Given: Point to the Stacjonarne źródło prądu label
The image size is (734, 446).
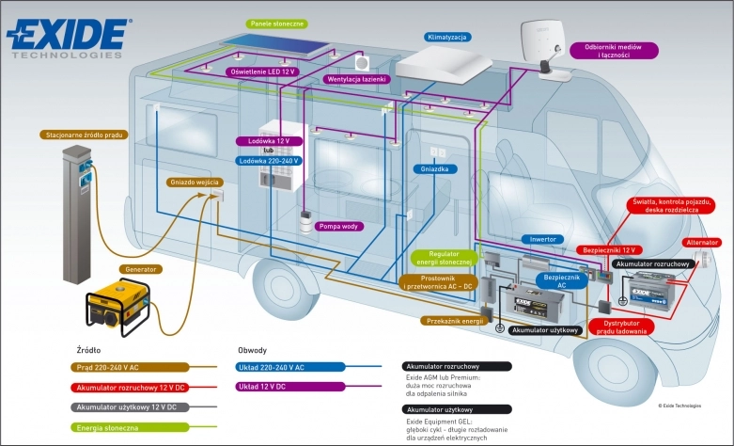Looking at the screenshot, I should click(x=84, y=135).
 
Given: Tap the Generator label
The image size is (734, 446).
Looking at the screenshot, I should click(x=140, y=268).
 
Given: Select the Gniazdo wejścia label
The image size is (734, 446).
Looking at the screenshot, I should click(x=196, y=182).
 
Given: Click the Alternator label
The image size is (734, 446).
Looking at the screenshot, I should click(x=702, y=243).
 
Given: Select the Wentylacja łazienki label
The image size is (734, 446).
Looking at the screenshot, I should click(x=357, y=79).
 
